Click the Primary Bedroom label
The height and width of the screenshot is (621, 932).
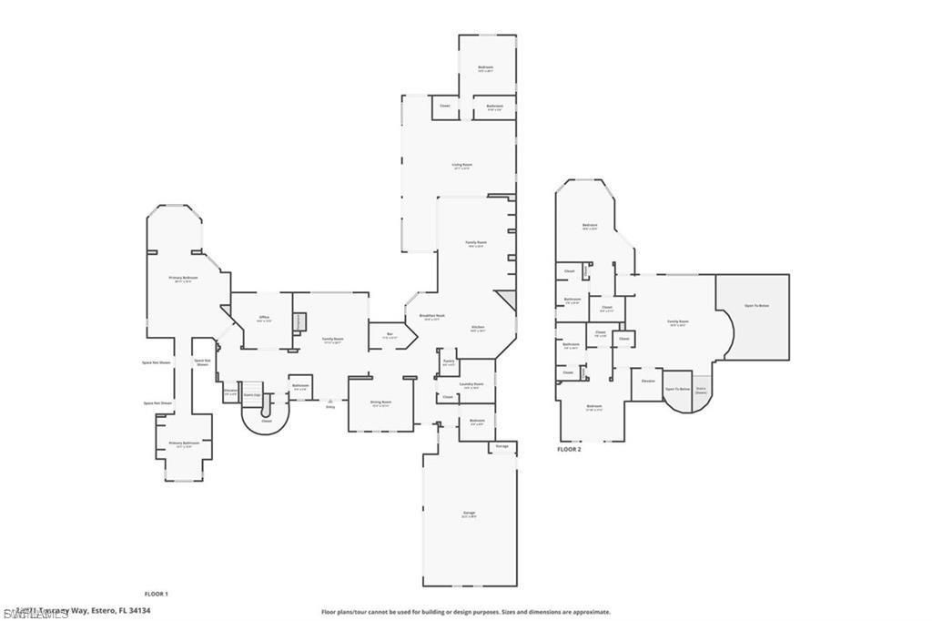click(184, 277)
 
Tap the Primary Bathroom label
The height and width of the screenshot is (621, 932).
click(184, 443)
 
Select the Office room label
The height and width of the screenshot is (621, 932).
click(263, 317)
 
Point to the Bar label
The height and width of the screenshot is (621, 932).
click(390, 334)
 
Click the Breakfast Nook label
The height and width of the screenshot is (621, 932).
click(430, 316)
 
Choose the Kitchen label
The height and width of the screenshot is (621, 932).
click(478, 327)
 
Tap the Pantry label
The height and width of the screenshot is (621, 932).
click(448, 361)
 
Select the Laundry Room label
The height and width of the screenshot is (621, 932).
click(471, 384)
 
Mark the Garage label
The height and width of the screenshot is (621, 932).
click(470, 514)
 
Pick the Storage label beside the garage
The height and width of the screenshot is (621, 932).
click(502, 446)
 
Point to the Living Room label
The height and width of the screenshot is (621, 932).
click(462, 165)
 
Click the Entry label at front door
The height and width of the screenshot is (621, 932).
click(330, 406)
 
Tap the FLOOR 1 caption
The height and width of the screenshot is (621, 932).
click(157, 593)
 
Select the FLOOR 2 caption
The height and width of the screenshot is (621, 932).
click(569, 449)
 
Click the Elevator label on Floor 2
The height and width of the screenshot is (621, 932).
click(648, 381)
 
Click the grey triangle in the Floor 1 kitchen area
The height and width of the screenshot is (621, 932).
click(507, 301)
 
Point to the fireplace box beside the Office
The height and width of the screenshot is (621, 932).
click(299, 321)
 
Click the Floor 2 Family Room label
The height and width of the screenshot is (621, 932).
click(677, 321)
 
